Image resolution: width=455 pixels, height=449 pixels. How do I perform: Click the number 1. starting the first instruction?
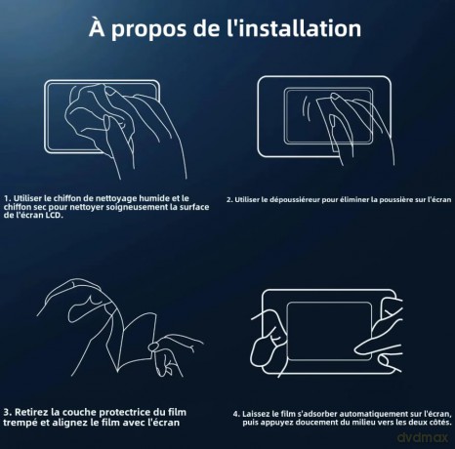8,198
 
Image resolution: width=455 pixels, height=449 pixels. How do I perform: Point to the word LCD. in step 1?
53,215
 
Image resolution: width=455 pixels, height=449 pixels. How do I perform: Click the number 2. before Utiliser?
229,200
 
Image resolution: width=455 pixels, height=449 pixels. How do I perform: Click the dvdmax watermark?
423,437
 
